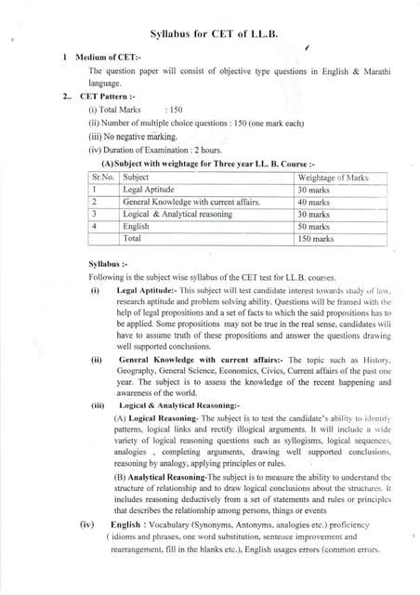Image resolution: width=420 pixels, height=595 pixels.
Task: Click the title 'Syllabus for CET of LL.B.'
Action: pyautogui.click(x=210, y=32)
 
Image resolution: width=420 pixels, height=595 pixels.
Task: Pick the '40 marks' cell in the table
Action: pyautogui.click(x=315, y=202)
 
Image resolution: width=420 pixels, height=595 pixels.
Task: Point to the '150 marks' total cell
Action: pyautogui.click(x=316, y=239)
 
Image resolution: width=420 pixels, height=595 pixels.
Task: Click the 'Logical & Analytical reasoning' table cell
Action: pyautogui.click(x=178, y=214)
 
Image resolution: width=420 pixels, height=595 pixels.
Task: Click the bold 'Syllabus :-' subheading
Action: pyautogui.click(x=108, y=264)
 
